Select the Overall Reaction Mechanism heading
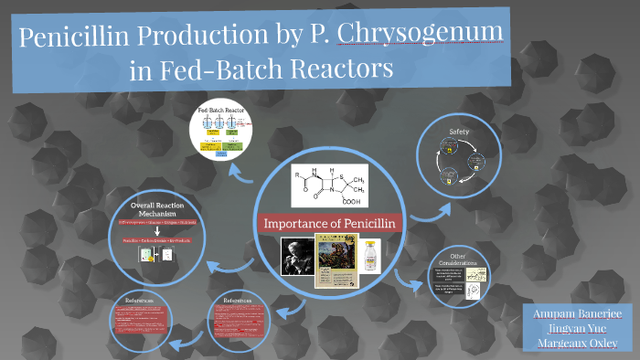point(152,209)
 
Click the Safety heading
point(457,132)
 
